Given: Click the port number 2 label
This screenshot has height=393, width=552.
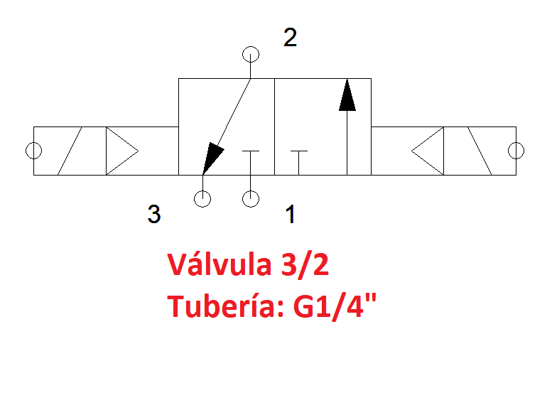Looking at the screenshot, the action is coord(290,38).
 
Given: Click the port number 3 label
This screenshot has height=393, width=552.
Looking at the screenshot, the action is coord(154,214).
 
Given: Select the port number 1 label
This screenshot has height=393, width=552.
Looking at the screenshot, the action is coord(291,214).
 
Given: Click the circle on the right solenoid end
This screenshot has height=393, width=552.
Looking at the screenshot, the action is coord(524,151).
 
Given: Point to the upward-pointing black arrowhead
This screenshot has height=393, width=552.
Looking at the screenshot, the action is coord(347,95).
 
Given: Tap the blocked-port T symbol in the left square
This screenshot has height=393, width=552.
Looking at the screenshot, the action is coord(251,163).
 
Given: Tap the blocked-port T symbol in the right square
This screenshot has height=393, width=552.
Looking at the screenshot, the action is coord(299,163).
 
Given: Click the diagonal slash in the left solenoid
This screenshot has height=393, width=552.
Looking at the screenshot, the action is coord(70,151).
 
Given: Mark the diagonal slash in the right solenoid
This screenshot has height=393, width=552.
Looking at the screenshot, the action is coord(480,151).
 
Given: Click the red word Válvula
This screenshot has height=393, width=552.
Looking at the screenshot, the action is coord(219,264).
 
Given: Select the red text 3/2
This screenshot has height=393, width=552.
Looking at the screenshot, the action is coord(305,265).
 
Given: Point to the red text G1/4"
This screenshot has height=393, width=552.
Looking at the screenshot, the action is coord(335,306).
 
